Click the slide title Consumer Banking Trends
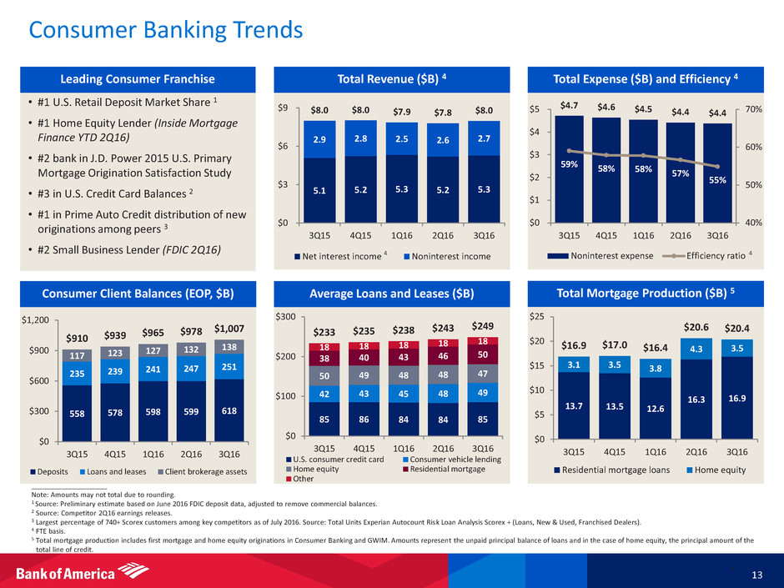point(165,31)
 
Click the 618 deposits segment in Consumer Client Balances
point(229,412)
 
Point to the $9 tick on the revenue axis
point(283,108)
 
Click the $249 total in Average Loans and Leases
point(484,325)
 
